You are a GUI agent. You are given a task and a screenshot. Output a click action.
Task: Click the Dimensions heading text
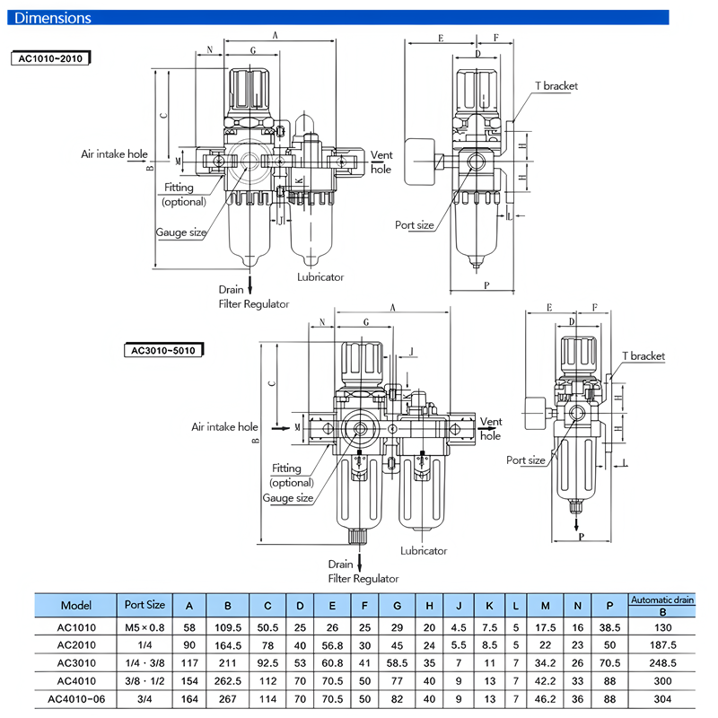(x=54, y=18)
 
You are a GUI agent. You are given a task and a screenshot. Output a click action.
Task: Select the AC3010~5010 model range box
(x=162, y=350)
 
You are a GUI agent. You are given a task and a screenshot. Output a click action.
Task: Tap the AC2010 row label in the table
(x=76, y=644)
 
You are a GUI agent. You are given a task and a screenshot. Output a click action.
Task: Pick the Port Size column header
(x=144, y=605)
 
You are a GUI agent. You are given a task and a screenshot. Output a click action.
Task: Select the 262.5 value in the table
(x=228, y=681)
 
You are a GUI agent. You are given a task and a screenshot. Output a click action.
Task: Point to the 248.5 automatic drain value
(x=662, y=662)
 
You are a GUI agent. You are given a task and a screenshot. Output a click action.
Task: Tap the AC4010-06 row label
(x=76, y=699)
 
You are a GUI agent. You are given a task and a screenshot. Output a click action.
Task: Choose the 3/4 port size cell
(x=144, y=699)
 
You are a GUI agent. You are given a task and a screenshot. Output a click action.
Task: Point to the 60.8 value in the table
(x=332, y=662)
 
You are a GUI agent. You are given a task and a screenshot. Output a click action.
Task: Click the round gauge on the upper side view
(x=420, y=162)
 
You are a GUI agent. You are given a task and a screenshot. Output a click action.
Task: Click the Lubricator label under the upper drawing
(x=320, y=277)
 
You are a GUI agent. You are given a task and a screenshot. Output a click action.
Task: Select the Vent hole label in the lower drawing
(x=491, y=429)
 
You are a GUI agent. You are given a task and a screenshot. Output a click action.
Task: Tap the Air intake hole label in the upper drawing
(x=114, y=154)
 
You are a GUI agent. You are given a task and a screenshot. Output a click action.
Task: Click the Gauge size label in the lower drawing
(x=288, y=498)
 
